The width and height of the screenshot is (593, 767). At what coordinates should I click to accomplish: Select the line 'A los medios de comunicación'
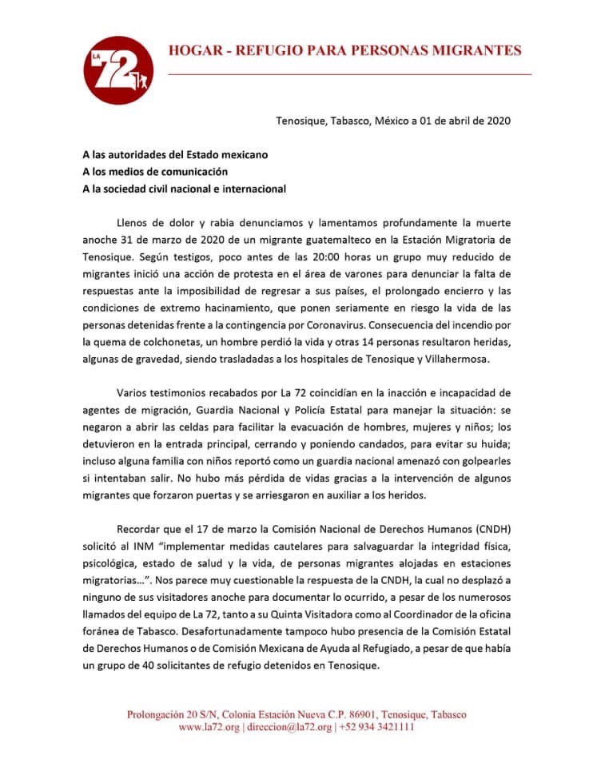[x=155, y=171]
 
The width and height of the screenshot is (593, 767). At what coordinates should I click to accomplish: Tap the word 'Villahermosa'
[x=471, y=360]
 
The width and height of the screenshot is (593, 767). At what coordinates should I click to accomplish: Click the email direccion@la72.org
[x=290, y=728]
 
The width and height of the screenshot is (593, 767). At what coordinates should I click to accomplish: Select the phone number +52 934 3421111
[x=377, y=728]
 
